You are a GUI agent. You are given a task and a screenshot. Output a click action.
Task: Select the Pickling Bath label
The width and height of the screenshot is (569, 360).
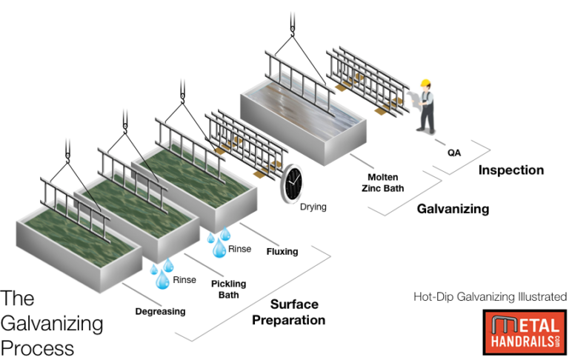coord(229,289)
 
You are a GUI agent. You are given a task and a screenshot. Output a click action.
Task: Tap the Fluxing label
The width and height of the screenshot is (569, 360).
coord(282,251)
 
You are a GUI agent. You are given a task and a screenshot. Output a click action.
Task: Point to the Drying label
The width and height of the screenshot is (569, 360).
coord(312,206)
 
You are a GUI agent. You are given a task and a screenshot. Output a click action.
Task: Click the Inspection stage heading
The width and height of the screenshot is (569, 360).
coord(510,170)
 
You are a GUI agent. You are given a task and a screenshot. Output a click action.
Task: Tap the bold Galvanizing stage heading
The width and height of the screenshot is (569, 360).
coord(453,209)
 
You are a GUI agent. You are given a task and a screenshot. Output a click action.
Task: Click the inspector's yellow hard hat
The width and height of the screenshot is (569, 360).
coord(425,83)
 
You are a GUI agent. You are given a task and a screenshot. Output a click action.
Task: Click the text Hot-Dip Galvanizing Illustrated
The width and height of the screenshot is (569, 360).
coord(490,297)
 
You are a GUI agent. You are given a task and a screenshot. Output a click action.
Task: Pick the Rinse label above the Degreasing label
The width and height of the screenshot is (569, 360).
coord(184,280)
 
